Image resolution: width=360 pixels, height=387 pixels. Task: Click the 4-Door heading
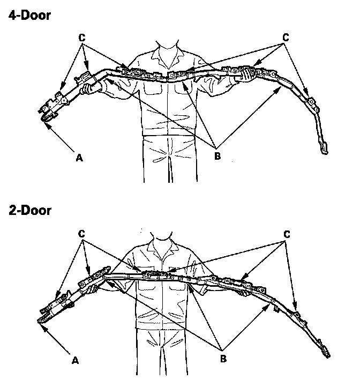[29, 15]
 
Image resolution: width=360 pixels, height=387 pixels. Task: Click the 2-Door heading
[29, 210]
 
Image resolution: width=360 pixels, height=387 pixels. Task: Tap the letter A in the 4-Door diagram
[80, 157]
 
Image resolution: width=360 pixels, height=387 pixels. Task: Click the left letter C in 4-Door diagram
[81, 39]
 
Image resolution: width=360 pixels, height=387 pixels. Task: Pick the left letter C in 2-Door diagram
[81, 235]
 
